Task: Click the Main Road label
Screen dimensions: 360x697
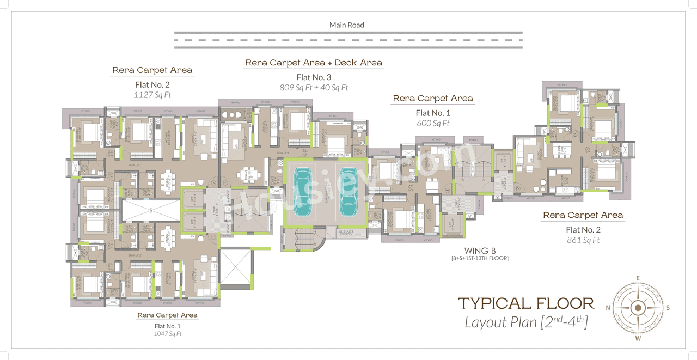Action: [346, 25]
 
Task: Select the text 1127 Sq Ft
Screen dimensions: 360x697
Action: [152, 95]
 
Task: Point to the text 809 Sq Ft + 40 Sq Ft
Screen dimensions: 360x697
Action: [314, 87]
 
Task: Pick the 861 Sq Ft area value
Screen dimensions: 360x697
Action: [583, 240]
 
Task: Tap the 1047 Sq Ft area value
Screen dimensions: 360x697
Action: [167, 333]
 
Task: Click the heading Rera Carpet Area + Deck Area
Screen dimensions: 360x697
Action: [314, 63]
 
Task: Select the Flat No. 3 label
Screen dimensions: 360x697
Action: [314, 77]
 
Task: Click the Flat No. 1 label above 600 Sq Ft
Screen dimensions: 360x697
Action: [433, 113]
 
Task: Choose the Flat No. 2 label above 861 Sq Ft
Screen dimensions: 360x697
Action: [583, 229]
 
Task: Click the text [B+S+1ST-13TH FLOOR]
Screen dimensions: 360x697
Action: [479, 258]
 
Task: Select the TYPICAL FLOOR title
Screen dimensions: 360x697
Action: [525, 303]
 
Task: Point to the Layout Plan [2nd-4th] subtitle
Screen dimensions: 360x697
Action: [526, 322]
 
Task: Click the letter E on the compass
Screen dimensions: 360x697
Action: [638, 278]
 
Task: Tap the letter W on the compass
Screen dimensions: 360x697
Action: [638, 338]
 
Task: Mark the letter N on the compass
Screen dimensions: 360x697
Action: [608, 308]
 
